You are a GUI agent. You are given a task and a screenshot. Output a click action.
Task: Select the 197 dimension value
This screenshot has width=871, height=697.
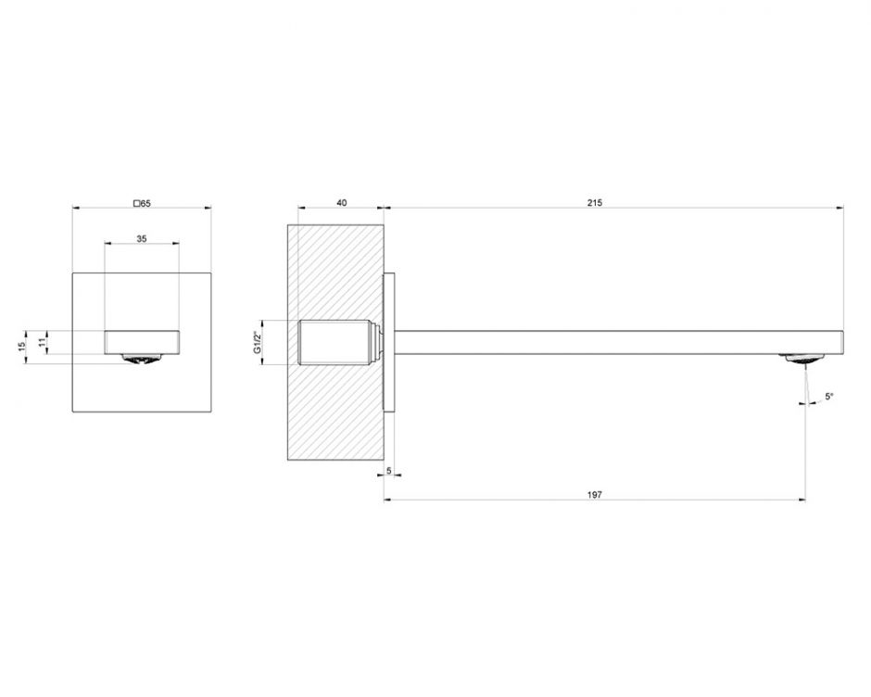point(595,495)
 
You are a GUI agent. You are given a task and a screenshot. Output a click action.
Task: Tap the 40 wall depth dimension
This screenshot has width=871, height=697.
point(342,203)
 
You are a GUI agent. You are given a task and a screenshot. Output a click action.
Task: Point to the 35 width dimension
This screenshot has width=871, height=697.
point(142,238)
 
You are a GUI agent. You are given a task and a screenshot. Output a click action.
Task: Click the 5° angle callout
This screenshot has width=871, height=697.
point(829,397)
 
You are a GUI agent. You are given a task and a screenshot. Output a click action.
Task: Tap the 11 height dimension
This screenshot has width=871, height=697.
point(42,341)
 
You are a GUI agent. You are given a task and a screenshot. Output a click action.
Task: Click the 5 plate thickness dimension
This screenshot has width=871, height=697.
point(389,472)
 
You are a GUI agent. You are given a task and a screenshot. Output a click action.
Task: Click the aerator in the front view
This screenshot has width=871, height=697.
point(142,358)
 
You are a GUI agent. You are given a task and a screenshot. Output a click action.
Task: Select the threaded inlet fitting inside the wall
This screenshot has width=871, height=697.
point(335,340)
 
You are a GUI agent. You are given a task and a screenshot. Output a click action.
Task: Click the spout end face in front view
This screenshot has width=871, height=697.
point(142,341)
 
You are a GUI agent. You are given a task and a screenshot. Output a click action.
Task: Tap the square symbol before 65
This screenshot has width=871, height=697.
point(137,203)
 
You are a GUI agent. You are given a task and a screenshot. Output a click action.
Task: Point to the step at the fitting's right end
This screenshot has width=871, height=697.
point(377,340)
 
